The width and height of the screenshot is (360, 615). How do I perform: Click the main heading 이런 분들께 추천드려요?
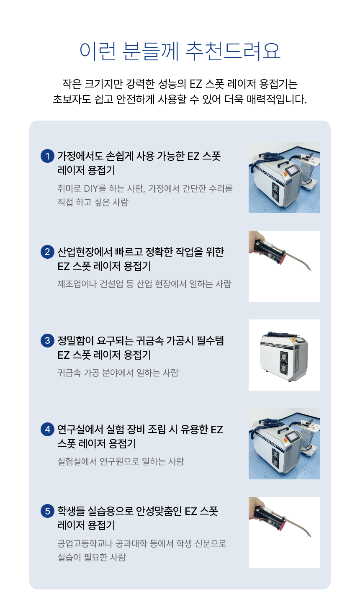(180, 51)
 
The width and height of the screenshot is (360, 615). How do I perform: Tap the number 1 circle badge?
(47, 156)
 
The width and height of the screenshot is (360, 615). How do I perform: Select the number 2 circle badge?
(47, 252)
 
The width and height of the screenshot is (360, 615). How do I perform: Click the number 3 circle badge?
(47, 340)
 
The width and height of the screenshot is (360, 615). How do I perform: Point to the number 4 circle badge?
(47, 429)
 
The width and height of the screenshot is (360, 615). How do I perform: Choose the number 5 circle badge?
(47, 511)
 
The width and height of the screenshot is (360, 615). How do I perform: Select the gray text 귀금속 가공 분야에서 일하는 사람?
(118, 373)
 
